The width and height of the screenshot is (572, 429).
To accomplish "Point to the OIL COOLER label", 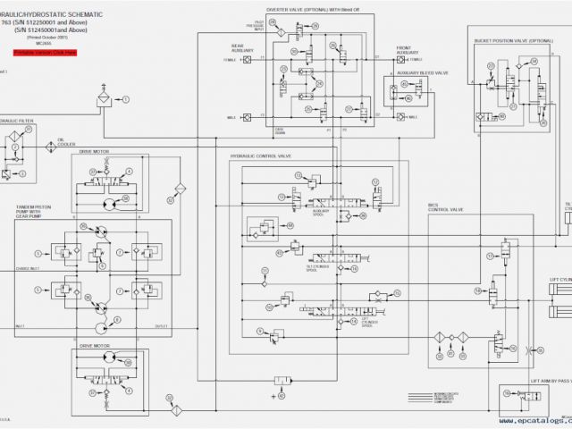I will [67, 142].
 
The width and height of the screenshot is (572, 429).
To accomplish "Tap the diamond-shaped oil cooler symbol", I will [180, 189].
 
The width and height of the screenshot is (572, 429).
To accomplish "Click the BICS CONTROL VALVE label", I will [445, 208].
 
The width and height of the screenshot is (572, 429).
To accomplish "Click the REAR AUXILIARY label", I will [243, 50].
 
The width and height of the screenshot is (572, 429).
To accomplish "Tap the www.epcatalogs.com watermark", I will [534, 420].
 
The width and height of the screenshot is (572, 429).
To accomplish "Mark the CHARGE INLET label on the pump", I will [26, 268].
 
